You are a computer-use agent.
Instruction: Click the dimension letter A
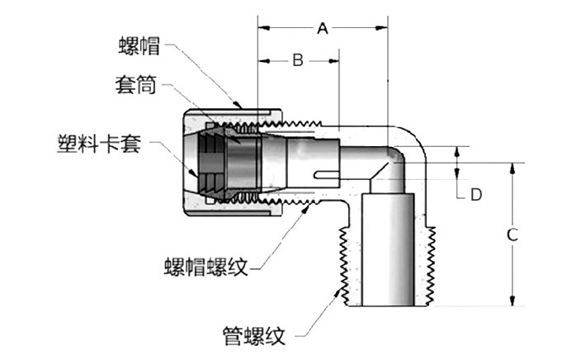323,29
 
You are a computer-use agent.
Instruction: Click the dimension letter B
298,59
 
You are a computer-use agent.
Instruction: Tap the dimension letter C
512,234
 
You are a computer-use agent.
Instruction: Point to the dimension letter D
475,195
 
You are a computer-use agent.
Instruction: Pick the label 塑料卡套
99,144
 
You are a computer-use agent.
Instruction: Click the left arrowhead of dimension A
262,29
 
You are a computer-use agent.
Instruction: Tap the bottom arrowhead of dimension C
513,301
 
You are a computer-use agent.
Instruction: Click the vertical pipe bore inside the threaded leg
388,248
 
